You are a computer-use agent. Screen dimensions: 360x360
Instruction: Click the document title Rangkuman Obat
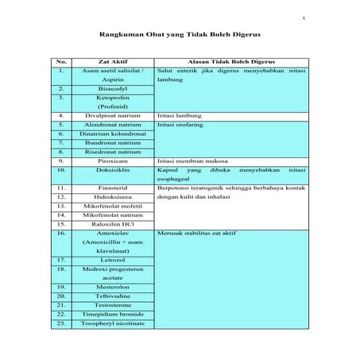coord(180,35)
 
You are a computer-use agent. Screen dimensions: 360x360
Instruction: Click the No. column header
coord(61,60)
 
